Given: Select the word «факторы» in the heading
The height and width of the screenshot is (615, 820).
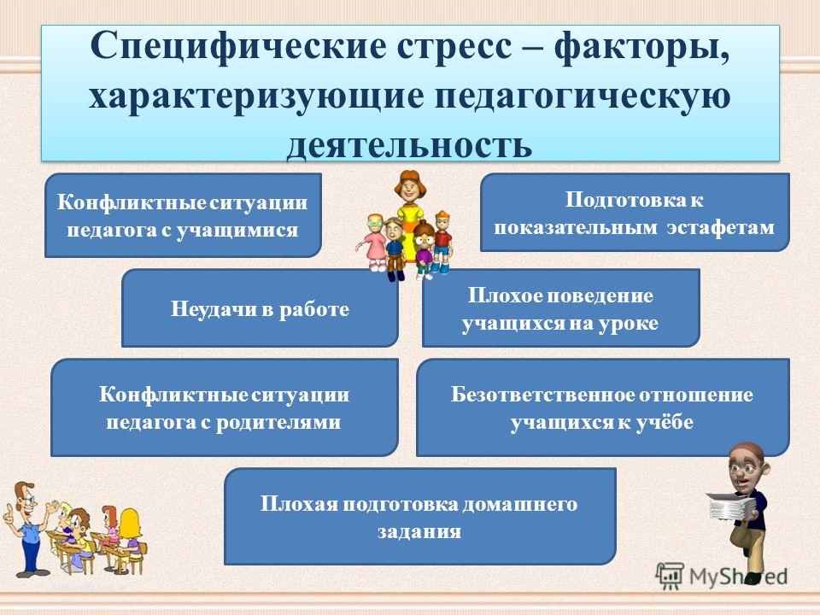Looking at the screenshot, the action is coord(641,46).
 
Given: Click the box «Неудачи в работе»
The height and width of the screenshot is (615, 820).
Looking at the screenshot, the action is coord(260,308).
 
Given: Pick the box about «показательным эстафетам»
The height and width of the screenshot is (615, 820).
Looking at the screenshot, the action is coord(635,213).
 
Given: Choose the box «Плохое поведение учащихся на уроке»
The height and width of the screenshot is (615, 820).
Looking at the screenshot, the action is coord(560,308).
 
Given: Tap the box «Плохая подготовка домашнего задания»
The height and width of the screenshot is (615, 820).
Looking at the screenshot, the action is coord(420,516).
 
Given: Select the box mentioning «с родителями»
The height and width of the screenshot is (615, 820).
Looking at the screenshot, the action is coord(225,407).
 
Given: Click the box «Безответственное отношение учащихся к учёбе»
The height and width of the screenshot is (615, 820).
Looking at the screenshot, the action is coord(602,407).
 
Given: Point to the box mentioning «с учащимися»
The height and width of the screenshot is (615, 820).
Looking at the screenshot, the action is coord(183,215).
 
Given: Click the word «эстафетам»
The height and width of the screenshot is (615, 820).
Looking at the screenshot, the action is coord(721,227).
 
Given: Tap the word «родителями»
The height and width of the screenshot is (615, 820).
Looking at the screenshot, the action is coord(278,421).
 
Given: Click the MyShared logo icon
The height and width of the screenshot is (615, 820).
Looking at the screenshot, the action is coord(670,577).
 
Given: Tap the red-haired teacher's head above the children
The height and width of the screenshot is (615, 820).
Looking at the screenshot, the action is coord(408,187).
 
